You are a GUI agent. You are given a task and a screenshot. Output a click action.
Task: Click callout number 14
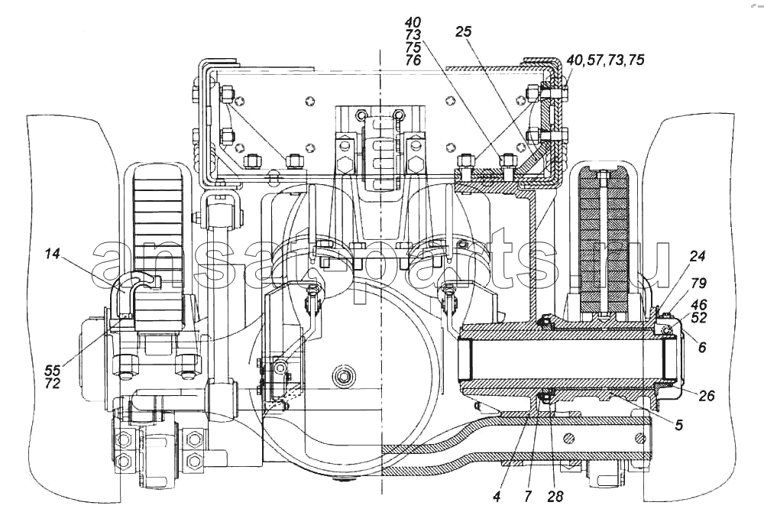click(52, 254)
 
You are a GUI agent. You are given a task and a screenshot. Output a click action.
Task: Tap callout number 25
click(464, 31)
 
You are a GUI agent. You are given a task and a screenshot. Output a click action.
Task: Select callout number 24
click(698, 256)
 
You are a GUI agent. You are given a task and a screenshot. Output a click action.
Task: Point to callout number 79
click(699, 283)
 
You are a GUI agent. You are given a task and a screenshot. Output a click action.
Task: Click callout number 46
click(699, 306)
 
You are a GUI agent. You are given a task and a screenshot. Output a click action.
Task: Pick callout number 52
click(699, 318)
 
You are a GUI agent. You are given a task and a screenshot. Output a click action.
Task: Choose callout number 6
click(701, 347)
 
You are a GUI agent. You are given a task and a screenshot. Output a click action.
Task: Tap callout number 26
click(706, 395)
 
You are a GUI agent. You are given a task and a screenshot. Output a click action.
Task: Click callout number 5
click(678, 425)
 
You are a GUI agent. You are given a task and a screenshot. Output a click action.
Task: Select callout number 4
click(497, 497)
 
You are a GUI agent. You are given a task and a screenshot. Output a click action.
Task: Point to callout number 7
click(528, 497)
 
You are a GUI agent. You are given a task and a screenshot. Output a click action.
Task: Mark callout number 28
click(555, 497)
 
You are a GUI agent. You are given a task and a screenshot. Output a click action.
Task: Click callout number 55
click(53, 370)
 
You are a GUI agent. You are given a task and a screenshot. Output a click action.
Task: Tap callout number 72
click(53, 383)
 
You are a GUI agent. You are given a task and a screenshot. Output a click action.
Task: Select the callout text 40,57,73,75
click(605, 60)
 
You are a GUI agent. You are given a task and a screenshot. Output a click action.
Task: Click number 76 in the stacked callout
click(413, 60)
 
